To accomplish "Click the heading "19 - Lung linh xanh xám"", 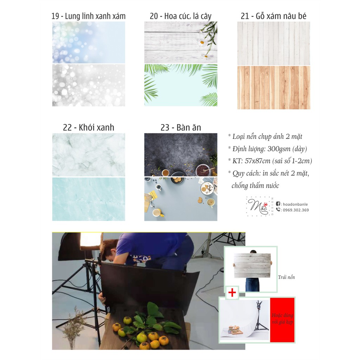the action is [x=88, y=16].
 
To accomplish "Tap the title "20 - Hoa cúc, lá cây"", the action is [x=181, y=16].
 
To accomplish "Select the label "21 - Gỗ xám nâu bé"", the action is [x=274, y=16].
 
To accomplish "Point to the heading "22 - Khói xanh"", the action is [x=88, y=127].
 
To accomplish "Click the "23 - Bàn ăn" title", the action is [x=181, y=127].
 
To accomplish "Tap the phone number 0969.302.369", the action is [x=296, y=210].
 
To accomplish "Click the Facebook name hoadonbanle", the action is [x=295, y=204].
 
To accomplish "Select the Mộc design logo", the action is [x=259, y=206].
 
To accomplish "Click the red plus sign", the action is [x=232, y=292].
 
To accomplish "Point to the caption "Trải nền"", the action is [x=286, y=277].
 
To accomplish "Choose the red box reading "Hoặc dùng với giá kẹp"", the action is [x=282, y=320].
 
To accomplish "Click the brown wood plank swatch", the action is [x=274, y=88].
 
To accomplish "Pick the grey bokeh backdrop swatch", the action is [x=89, y=85].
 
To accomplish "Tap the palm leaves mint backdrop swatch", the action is [x=181, y=85].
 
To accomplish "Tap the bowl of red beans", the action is [x=203, y=171].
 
